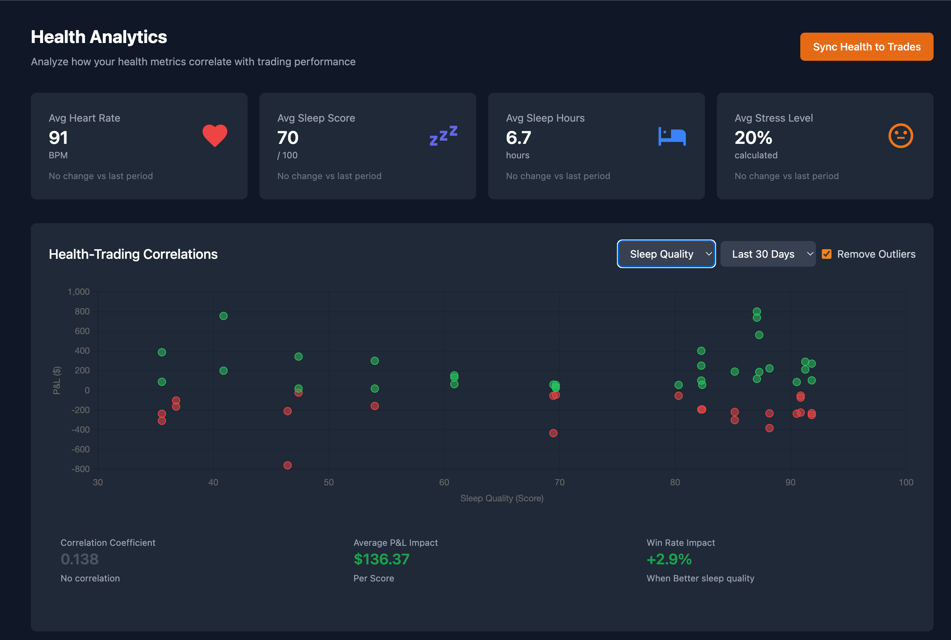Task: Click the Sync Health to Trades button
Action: tap(866, 47)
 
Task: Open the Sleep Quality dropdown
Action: tap(666, 254)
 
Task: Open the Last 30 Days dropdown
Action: tap(768, 254)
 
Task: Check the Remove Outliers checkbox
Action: tap(826, 254)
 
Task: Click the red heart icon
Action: tap(215, 135)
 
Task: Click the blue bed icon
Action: tap(672, 136)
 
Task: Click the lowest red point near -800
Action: tap(288, 465)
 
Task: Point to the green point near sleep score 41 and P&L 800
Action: tap(223, 316)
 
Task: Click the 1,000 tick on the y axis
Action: tap(78, 292)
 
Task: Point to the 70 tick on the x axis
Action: tap(560, 482)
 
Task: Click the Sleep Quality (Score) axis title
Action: tap(501, 498)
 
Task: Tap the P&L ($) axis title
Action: tap(57, 380)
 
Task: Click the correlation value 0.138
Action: tap(80, 559)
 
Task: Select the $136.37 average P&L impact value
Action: tap(382, 559)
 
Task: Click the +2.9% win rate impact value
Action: tap(669, 559)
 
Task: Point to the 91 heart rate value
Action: tap(58, 138)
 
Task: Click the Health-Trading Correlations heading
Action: tap(133, 254)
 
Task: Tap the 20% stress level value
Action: tap(753, 138)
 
